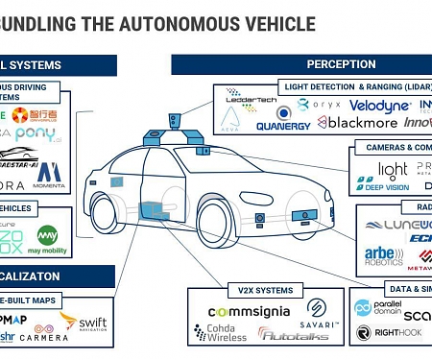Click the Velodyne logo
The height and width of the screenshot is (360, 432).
(379, 105)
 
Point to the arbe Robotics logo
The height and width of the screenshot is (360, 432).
(384, 254)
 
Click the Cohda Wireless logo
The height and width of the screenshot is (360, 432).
(229, 332)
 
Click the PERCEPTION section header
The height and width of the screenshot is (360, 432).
(341, 64)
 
